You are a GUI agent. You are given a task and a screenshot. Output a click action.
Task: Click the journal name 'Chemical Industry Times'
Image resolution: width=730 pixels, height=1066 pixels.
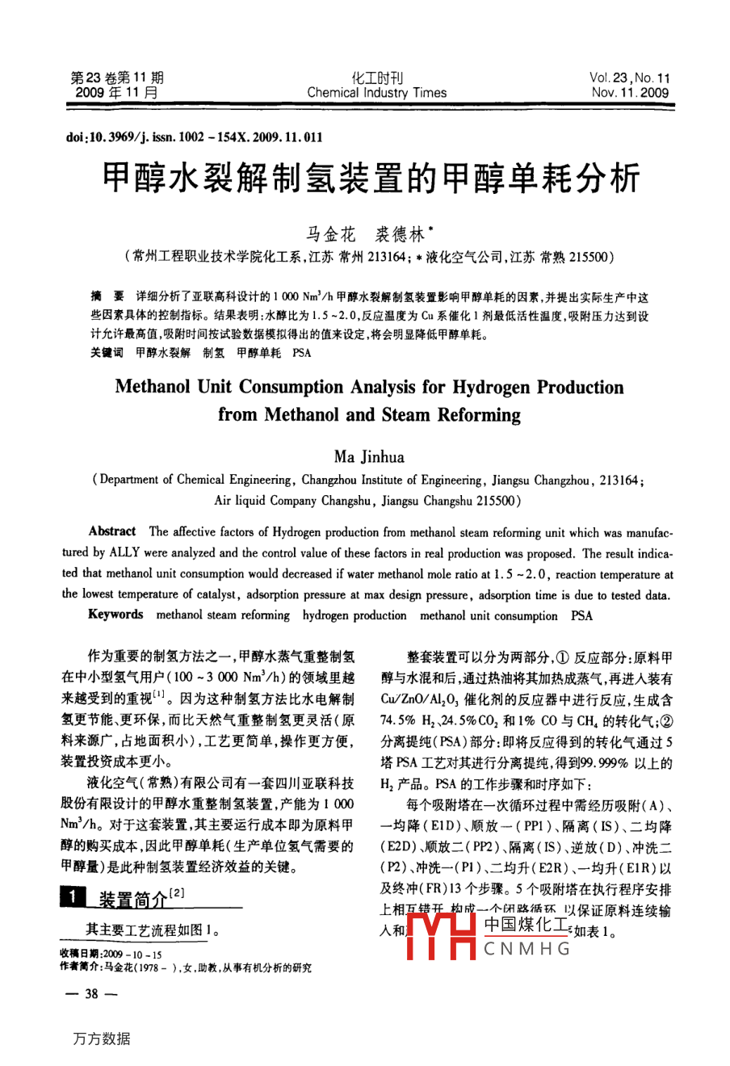(376, 93)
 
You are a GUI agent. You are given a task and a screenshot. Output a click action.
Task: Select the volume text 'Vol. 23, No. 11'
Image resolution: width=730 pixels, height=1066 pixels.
(629, 78)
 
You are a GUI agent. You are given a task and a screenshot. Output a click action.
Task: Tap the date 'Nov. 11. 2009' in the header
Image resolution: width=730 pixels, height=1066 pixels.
(630, 93)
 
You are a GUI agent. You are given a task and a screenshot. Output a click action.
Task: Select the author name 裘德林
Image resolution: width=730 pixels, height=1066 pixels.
(401, 235)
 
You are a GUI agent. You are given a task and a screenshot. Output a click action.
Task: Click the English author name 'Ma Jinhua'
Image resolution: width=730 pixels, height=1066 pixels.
(369, 457)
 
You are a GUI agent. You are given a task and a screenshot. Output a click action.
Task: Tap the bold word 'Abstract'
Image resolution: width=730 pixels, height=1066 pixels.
(112, 531)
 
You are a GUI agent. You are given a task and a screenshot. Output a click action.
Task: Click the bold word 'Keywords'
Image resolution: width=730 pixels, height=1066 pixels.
(115, 615)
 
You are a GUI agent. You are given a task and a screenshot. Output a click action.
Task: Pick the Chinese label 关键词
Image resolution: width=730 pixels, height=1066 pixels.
(107, 353)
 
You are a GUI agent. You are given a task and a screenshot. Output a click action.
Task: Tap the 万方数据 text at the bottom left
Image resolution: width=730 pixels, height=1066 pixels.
(101, 1039)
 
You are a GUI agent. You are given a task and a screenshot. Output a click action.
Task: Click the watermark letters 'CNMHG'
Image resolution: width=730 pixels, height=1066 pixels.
(527, 949)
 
